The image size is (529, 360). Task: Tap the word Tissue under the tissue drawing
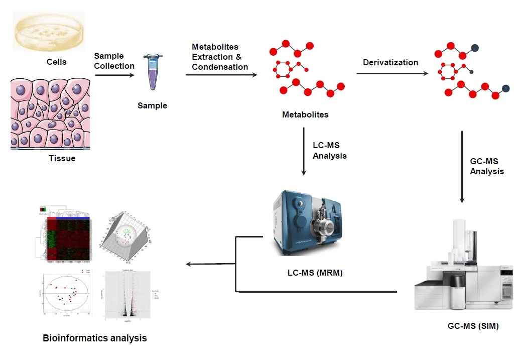[62, 159]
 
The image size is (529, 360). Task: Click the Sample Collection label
[114, 61]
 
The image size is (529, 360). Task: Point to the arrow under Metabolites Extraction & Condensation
[221, 75]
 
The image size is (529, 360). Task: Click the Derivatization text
[390, 63]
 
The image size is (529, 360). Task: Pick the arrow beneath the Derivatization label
[392, 74]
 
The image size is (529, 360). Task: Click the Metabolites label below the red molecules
[305, 115]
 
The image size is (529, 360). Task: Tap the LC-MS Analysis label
[329, 151]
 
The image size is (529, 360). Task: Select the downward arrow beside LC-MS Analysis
[304, 151]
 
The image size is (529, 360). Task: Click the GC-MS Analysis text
[486, 166]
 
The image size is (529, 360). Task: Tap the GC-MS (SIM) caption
[473, 326]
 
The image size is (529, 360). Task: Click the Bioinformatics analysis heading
[95, 338]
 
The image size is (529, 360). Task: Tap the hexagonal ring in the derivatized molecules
[448, 71]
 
